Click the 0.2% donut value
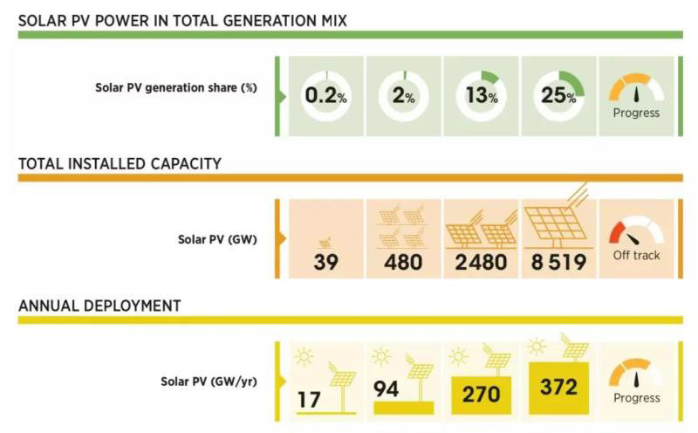(x=325, y=95)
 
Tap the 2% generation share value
(x=403, y=95)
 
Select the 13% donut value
(x=480, y=95)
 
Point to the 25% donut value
(x=558, y=95)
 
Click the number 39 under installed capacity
(x=325, y=261)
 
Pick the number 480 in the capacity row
(x=403, y=261)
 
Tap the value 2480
(x=481, y=261)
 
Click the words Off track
(x=637, y=255)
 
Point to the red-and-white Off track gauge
(x=636, y=231)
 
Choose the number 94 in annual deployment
(x=386, y=388)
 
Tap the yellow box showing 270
(x=481, y=393)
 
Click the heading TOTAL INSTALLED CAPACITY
(x=120, y=163)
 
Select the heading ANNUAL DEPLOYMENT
(x=99, y=306)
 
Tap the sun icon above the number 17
(x=305, y=356)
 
